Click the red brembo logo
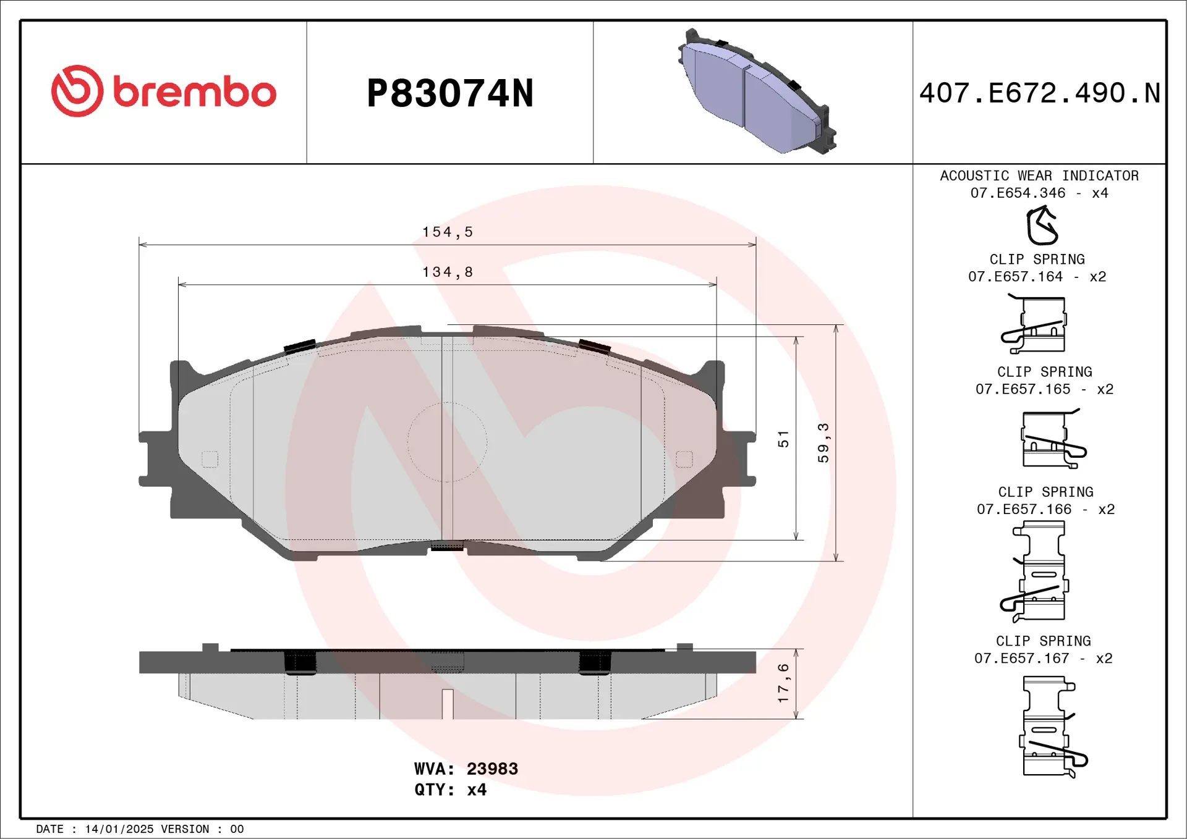(164, 91)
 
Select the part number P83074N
(450, 93)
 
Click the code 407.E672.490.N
(1039, 93)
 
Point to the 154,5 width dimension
(447, 232)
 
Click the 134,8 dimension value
(447, 272)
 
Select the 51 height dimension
(783, 439)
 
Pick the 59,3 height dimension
(823, 443)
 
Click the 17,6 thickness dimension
(783, 683)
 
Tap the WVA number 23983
(492, 769)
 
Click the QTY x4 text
(450, 790)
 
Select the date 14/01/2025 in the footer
(119, 829)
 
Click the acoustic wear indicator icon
(1042, 226)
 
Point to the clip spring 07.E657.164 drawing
(1035, 325)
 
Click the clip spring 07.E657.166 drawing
(1036, 571)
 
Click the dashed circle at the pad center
(447, 442)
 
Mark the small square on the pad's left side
(210, 459)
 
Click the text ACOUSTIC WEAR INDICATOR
(1039, 176)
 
